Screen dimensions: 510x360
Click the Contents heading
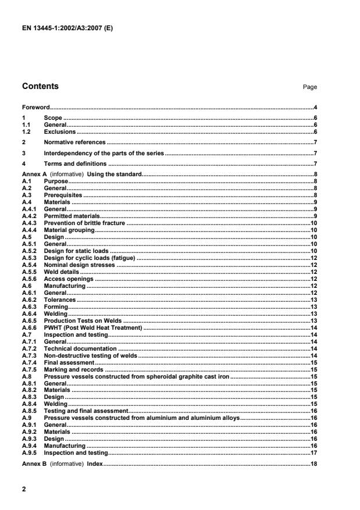click(x=40, y=87)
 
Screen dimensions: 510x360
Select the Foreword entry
click(x=35, y=108)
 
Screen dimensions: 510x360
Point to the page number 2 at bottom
click(x=24, y=490)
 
